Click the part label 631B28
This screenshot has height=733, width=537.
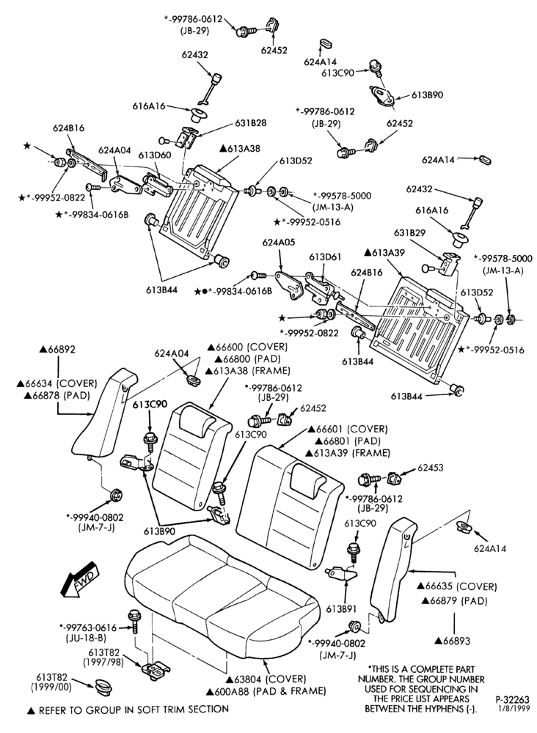[x=250, y=123]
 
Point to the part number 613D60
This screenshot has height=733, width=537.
[x=154, y=155]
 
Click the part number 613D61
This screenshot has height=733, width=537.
[x=325, y=257]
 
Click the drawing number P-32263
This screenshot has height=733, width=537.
[x=512, y=699]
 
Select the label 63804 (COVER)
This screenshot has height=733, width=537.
[x=266, y=679]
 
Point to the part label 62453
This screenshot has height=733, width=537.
[x=431, y=468]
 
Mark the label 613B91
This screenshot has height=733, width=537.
[x=342, y=609]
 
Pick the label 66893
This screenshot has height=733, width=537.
[x=453, y=641]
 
